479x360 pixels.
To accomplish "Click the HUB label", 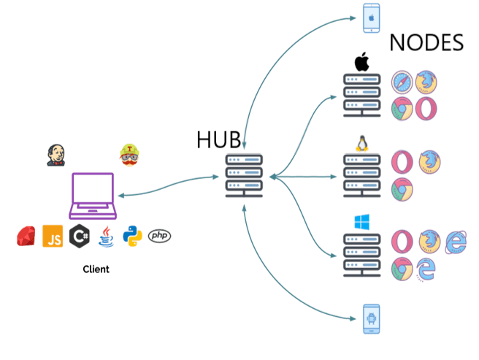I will tap(218, 139).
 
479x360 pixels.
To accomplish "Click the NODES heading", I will tap(426, 43).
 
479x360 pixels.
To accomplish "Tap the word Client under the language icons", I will tap(96, 269).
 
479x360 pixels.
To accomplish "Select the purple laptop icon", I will tap(93, 195).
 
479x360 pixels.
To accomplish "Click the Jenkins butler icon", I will tap(56, 155).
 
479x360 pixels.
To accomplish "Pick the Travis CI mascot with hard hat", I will tap(129, 155).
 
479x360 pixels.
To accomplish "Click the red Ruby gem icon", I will tap(26, 237).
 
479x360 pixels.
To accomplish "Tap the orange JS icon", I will tap(53, 236).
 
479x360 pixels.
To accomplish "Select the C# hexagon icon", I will tap(79, 236).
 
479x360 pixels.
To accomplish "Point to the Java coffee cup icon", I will tap(107, 237).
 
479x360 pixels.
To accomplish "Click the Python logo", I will tap(133, 237).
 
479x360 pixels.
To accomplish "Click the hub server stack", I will tap(244, 175).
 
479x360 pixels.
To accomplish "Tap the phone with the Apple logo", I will tap(372, 18).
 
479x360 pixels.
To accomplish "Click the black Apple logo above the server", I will tap(361, 62).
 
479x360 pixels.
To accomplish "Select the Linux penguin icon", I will tap(361, 142).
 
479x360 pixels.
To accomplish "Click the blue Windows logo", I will tap(361, 221).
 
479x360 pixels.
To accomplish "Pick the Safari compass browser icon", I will tap(402, 83).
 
